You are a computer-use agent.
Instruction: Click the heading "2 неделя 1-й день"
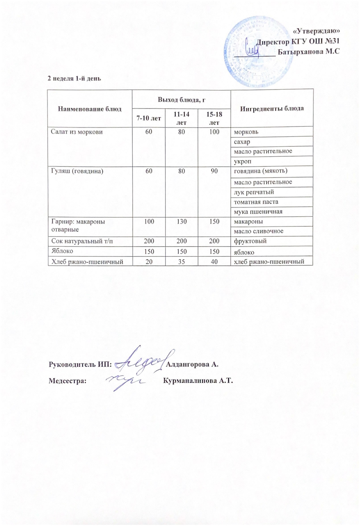pos(74,78)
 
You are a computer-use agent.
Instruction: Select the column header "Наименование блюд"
pos(90,109)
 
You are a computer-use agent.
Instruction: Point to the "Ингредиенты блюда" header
pos(272,108)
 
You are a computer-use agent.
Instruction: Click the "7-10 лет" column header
pos(148,118)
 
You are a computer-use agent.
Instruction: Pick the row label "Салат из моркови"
pos(77,132)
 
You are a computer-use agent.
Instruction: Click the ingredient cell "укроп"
pos(243,161)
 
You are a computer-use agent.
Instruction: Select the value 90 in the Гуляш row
pos(214,171)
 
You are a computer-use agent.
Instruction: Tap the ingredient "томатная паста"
pos(256,202)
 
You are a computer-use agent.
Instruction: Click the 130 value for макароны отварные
pos(181,221)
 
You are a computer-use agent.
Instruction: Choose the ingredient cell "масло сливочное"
pos(259,231)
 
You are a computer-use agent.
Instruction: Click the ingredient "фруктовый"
pos(250,241)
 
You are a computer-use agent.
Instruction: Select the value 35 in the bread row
pos(181,261)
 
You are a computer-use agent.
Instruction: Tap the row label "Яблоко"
pos(62,251)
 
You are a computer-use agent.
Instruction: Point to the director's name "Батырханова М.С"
pos(309,52)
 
